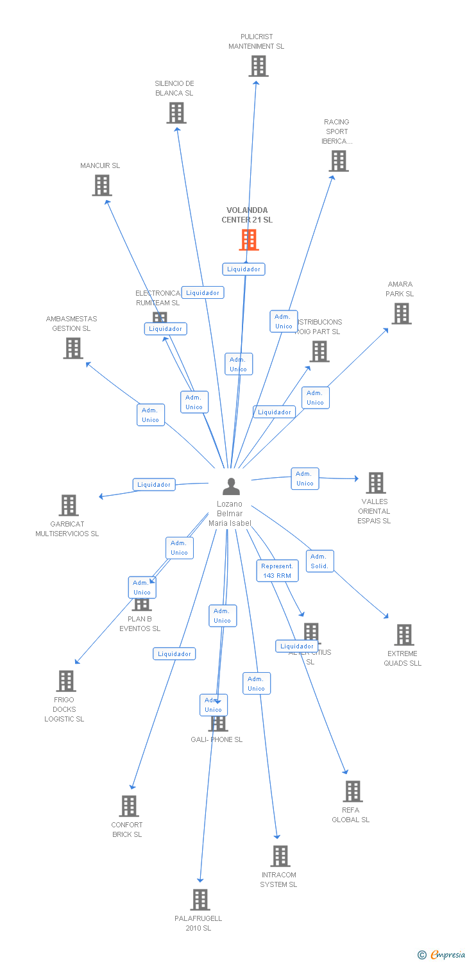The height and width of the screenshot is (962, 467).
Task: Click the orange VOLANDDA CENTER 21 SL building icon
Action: (249, 239)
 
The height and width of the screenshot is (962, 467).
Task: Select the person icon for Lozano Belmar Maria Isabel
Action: (231, 487)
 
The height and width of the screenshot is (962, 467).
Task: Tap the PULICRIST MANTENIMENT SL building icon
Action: (258, 66)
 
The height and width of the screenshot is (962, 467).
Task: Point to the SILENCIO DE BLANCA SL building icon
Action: (176, 113)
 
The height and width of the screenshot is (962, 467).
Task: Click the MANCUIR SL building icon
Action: (101, 185)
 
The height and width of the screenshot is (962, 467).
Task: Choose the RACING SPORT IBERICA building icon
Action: (339, 161)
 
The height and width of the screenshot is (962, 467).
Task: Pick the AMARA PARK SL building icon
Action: (401, 314)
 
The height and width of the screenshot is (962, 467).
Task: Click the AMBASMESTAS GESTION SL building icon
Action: (73, 348)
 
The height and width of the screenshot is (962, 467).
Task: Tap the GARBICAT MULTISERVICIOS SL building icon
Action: (69, 505)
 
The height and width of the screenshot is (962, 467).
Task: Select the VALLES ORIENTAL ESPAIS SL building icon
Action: (375, 483)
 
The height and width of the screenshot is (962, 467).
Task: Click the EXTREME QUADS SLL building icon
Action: (403, 635)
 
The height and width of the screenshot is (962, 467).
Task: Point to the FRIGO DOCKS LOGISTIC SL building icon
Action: (65, 681)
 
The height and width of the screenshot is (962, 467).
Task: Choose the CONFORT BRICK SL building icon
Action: (128, 806)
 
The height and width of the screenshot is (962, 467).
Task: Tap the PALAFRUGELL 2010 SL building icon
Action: (200, 900)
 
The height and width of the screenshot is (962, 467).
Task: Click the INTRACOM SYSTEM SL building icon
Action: (280, 856)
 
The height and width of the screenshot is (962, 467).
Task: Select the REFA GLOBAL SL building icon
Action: (352, 791)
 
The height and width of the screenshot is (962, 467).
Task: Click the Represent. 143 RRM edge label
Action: (276, 571)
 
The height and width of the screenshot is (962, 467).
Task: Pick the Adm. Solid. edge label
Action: (319, 561)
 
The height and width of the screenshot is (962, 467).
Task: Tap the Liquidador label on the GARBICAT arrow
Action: (154, 485)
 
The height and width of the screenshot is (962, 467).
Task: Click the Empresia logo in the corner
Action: (443, 955)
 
